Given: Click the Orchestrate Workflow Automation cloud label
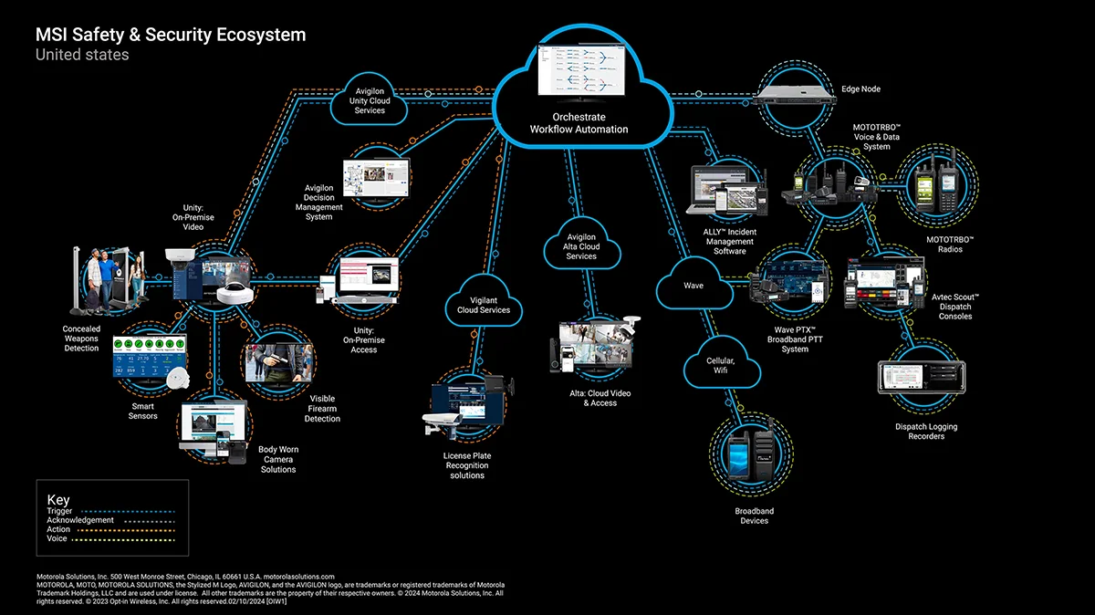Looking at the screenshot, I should click(579, 123).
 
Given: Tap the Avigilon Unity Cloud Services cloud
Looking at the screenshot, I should click(370, 99).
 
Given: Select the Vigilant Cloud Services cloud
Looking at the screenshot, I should click(484, 305).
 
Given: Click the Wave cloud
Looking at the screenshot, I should click(693, 286).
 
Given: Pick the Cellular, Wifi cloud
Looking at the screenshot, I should click(722, 366).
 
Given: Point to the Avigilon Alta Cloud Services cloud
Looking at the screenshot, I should click(580, 245).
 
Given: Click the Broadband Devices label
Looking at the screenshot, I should click(754, 516).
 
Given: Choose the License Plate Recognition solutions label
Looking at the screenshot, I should click(466, 465).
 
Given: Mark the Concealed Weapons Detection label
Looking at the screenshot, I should click(81, 339).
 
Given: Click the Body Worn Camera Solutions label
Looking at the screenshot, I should click(278, 459).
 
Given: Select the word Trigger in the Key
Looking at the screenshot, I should click(60, 511).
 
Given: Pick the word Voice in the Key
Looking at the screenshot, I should click(57, 538).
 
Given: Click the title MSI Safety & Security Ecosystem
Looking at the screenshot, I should click(171, 35).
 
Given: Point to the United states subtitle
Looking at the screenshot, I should click(82, 55).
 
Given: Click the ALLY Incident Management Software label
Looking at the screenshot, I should click(730, 242).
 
